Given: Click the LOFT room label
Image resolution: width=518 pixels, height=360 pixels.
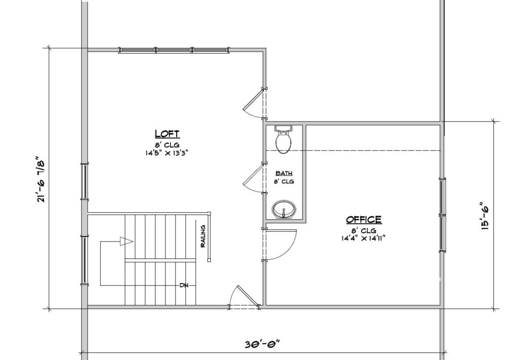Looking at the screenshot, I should (167, 134).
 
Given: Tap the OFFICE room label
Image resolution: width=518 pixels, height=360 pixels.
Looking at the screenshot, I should (364, 220).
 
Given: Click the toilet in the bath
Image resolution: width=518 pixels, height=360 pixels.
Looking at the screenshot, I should (283, 139).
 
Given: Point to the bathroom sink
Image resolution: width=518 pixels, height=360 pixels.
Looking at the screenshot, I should (283, 210).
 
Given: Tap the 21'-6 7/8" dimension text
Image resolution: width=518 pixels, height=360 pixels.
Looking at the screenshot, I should (41, 181).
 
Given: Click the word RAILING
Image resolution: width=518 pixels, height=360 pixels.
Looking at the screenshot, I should (203, 236).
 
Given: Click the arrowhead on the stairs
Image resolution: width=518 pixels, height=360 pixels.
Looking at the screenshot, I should (126, 242).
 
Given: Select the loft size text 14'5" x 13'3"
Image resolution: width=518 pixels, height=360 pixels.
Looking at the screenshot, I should (167, 151).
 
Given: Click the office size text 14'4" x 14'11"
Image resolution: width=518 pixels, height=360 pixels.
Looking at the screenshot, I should (364, 237).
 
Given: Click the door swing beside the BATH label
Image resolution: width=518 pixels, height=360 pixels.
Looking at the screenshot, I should (253, 179).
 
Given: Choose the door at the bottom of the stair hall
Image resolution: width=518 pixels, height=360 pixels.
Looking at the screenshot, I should (241, 298).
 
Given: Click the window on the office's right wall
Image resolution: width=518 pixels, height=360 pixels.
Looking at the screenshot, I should (443, 215).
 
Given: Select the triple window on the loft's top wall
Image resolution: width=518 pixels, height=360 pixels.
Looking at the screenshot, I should (174, 50).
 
